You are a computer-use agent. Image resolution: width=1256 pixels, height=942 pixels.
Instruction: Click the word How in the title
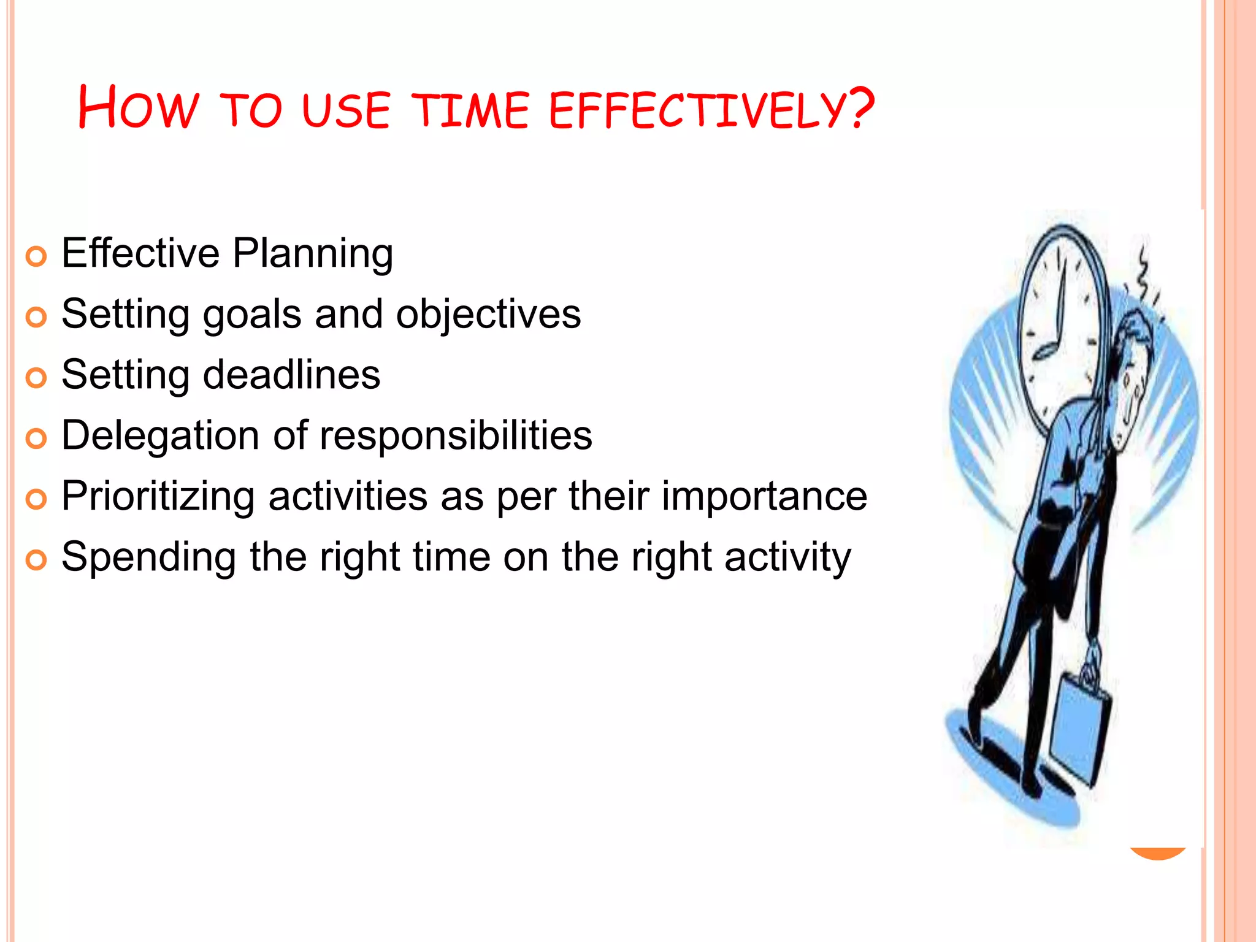[x=139, y=108]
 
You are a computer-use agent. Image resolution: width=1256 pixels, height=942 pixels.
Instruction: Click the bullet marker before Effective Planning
[x=36, y=256]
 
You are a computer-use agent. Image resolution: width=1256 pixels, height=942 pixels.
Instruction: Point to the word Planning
[x=313, y=254]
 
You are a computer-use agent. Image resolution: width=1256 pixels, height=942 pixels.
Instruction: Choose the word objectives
[x=488, y=314]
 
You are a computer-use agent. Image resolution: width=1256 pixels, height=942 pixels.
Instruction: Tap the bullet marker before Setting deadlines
[x=36, y=378]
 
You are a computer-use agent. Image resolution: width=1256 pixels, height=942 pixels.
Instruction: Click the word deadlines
[x=291, y=375]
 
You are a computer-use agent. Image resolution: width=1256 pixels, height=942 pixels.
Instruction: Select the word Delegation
[x=159, y=436]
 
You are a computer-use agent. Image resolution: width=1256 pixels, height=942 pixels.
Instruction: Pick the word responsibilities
[x=456, y=435]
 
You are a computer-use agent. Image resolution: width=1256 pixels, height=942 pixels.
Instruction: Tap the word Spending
[x=148, y=557]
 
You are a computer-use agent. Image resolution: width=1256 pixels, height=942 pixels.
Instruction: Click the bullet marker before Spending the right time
[x=36, y=560]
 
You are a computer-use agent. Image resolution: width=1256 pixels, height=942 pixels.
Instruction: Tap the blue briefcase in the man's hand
[x=1081, y=730]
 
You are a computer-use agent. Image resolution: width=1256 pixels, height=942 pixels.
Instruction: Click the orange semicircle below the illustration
[x=1157, y=853]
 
